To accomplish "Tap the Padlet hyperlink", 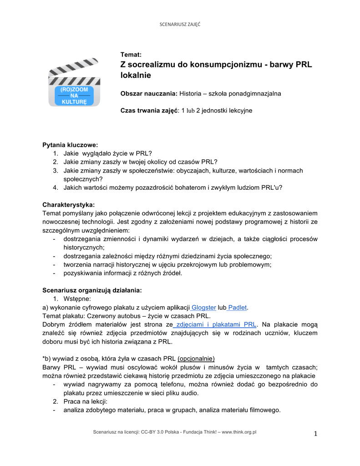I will [x=237, y=308].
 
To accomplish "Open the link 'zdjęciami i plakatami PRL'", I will [x=216, y=324].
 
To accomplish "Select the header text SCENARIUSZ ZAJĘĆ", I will [x=180, y=24].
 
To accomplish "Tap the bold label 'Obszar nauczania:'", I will [x=148, y=94].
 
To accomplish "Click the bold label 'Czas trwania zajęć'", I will [x=148, y=111].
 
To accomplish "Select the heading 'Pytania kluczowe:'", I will [x=70, y=145].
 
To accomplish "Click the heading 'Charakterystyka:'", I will [x=69, y=205].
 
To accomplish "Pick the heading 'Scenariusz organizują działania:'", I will [x=92, y=290].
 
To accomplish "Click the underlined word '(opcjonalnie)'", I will [x=196, y=359].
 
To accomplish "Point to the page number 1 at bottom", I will [x=315, y=433].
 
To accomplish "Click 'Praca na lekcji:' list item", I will [x=85, y=401].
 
